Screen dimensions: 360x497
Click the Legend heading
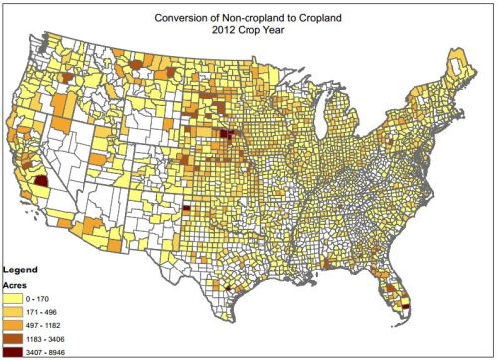click(x=22, y=270)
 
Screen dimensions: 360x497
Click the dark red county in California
click(x=41, y=181)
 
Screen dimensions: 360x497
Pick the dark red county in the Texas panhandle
click(x=186, y=209)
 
